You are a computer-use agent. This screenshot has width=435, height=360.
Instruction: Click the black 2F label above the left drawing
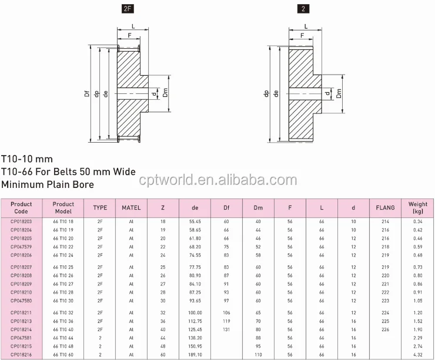[x=128, y=9]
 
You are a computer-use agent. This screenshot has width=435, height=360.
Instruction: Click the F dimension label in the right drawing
[x=302, y=36]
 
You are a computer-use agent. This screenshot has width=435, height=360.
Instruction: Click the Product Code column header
[x=21, y=208]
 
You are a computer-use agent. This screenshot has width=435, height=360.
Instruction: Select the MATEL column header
[x=131, y=208]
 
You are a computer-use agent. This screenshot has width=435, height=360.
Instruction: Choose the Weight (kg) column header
[x=418, y=208]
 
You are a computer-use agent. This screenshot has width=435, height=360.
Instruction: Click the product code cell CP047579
[x=21, y=247]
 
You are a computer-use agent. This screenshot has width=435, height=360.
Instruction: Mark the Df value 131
[x=226, y=330]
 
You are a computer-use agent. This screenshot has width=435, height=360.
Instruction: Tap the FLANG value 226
[x=385, y=330]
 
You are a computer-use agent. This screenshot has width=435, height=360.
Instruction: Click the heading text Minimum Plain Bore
[x=48, y=184]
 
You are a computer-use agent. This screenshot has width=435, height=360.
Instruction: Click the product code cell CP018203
[x=21, y=221]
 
